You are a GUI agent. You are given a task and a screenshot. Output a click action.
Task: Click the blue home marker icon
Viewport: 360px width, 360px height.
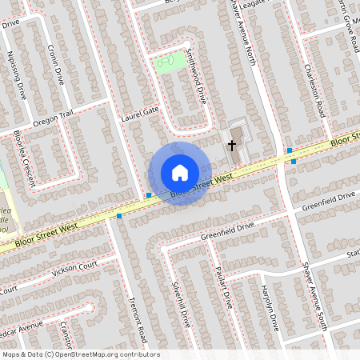click(x=180, y=173)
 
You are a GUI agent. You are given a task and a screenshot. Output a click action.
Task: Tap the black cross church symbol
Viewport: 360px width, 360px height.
click(x=233, y=145)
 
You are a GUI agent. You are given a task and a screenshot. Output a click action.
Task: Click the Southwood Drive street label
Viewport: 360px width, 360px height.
click(x=196, y=85)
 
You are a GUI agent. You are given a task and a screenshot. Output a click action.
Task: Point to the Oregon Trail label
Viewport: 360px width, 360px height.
click(x=53, y=118)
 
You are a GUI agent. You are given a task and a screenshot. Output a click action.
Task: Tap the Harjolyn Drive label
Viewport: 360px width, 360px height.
click(x=268, y=308)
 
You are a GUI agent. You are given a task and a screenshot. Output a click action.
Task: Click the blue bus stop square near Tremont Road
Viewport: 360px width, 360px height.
click(x=119, y=216)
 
